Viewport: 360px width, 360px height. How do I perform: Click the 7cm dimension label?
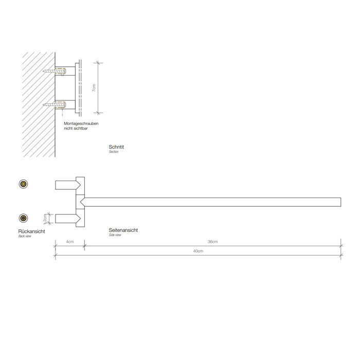93,88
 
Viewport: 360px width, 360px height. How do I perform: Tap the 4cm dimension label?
69,242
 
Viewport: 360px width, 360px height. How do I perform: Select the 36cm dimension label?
212,242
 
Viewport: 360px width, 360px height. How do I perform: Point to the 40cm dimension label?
199,251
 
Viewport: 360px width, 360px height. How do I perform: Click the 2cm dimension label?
45,219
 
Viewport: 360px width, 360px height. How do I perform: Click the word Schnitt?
117,147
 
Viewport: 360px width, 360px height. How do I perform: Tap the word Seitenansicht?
123,230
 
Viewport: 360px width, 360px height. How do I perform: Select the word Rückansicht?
31,232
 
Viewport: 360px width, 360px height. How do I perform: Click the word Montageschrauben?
81,124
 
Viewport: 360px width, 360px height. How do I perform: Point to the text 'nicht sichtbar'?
76,129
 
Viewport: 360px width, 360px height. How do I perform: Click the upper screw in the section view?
53,71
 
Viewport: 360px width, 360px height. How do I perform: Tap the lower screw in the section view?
53,105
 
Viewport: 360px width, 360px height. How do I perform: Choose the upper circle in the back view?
23,184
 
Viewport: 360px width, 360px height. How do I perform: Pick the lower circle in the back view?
23,217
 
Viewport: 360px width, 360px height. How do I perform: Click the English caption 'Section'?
114,152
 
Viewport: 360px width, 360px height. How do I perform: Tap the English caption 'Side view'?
115,235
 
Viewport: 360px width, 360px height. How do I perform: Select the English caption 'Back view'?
25,237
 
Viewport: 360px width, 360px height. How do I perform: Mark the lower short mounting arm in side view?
66,218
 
